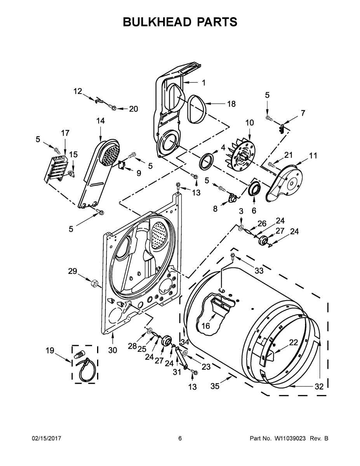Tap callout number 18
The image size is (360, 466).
click(231, 104)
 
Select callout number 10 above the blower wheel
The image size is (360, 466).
click(249, 123)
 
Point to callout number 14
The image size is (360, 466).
click(100, 121)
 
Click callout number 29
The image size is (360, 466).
click(73, 271)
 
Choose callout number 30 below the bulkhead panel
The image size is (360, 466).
click(112, 350)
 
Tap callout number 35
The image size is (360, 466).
click(215, 386)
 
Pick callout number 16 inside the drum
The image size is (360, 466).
click(205, 326)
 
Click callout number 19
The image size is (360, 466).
click(50, 351)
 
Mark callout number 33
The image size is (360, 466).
click(259, 271)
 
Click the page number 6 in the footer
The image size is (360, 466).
click(180, 438)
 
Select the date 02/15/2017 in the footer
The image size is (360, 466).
click(46, 438)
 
